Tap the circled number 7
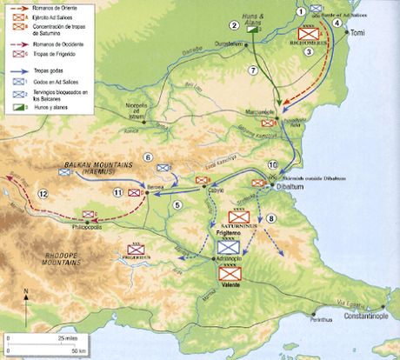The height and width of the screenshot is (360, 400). click(253, 70)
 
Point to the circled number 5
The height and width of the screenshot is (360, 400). click(177, 204)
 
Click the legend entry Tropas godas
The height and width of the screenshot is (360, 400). click(49, 66)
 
